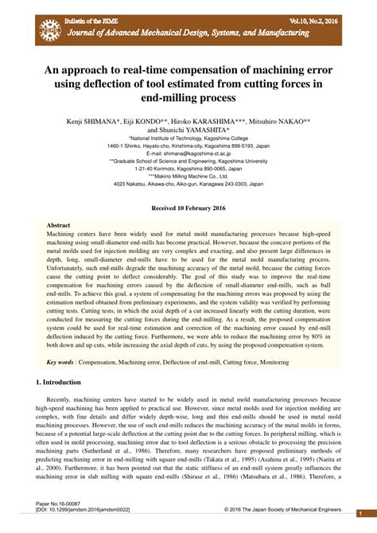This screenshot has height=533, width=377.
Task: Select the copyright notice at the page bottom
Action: tap(282, 511)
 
